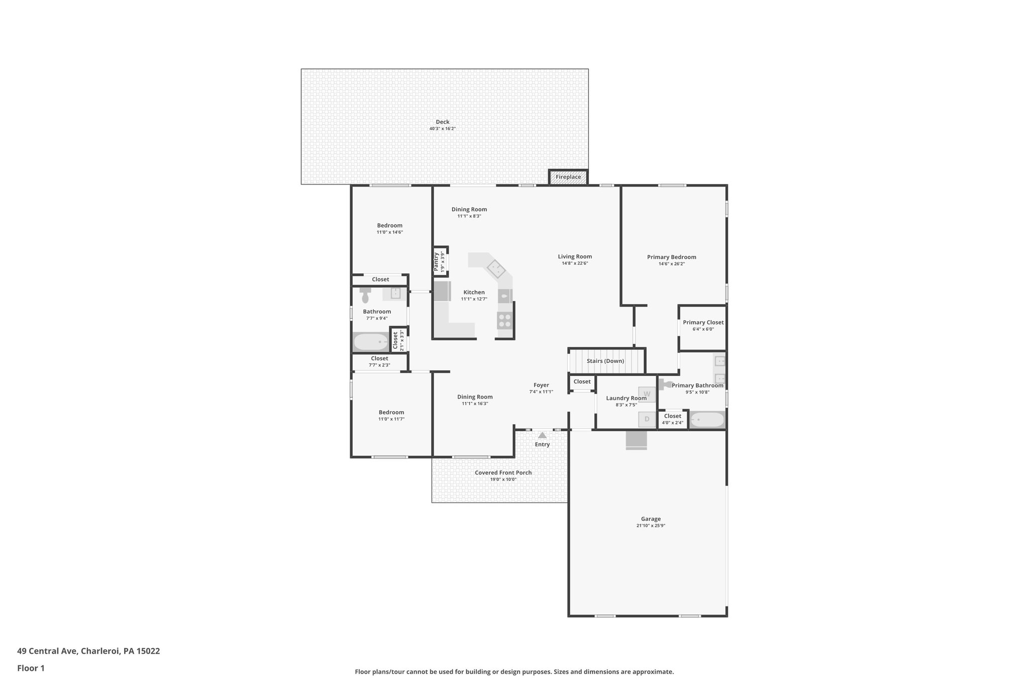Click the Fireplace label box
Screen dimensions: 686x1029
point(568,177)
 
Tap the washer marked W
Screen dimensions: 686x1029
point(647,394)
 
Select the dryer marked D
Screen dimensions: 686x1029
point(647,419)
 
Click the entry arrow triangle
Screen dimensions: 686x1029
point(542,435)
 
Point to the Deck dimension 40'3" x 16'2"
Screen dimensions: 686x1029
point(442,129)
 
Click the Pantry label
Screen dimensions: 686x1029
point(436,261)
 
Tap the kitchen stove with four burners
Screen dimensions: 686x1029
point(504,320)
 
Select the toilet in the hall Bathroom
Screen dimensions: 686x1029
point(365,296)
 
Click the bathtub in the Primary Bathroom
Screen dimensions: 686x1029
point(707,419)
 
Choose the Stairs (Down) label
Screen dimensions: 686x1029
point(605,361)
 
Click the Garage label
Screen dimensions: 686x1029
point(651,519)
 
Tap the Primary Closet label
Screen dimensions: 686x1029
point(703,322)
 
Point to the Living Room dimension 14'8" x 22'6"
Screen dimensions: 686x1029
point(575,263)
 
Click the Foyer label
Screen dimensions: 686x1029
point(541,385)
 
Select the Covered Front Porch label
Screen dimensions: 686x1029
point(503,472)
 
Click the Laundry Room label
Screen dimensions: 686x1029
point(626,398)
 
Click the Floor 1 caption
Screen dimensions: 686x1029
point(31,668)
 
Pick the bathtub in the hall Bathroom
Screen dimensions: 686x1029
point(371,342)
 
